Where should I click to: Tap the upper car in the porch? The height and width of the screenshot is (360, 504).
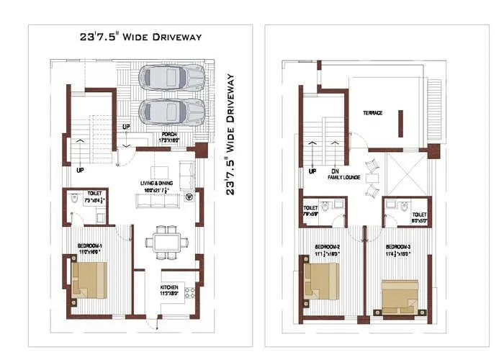coord(172,77)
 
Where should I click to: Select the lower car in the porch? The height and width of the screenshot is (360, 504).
coord(172,111)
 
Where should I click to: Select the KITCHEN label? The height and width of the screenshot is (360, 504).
coord(168,287)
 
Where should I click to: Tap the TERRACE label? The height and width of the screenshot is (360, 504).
coord(372,113)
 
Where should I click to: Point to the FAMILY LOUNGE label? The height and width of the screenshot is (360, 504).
coord(344,176)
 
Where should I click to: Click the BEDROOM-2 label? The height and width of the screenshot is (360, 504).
coord(328,247)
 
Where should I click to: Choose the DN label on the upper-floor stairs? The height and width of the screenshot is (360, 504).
coord(334,171)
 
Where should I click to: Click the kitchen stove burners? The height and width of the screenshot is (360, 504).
coord(191,292)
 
